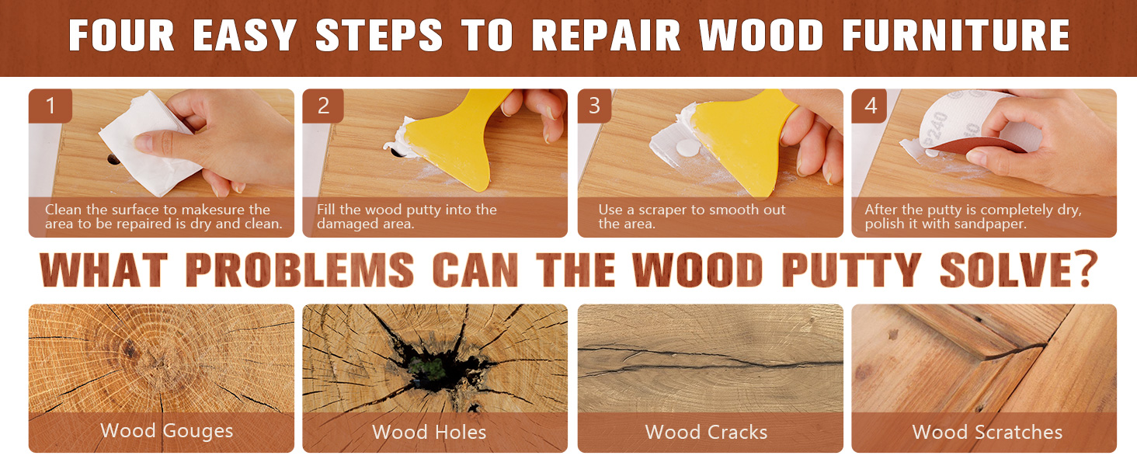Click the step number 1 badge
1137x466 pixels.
50,106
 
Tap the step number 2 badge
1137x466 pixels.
323,106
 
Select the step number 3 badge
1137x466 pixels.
594,106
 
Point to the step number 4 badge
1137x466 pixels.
870,106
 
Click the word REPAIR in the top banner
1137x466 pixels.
606,36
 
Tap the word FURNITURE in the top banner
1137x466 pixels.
956,36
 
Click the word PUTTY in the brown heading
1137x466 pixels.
852,269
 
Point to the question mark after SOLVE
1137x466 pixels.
1085,268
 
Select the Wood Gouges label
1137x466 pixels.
166,431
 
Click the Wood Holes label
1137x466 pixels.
429,432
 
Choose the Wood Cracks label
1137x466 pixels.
706,432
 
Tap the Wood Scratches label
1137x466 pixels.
987,432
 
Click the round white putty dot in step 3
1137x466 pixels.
688,148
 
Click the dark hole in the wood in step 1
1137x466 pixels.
113,161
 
